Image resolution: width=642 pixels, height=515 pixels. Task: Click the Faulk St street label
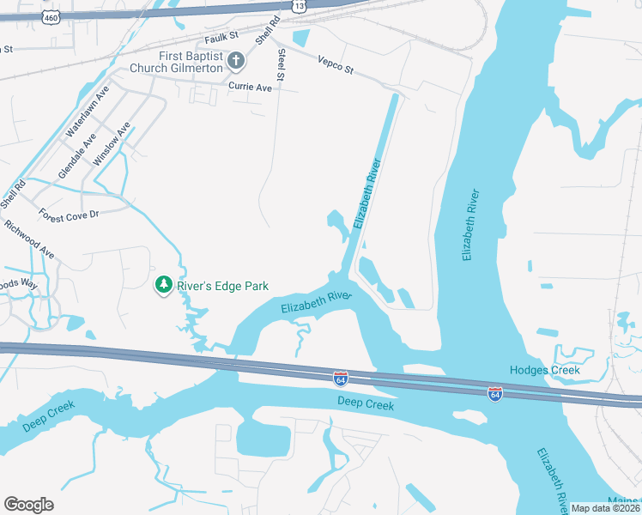(221, 39)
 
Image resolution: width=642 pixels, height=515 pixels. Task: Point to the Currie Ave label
(250, 87)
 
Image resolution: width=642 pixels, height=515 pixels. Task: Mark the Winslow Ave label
(112, 143)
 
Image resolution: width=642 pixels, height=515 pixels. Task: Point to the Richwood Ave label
(29, 240)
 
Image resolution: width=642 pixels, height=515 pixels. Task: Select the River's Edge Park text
(223, 286)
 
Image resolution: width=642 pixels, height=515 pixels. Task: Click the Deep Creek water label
(366, 403)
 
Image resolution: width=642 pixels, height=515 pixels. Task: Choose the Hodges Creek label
(545, 370)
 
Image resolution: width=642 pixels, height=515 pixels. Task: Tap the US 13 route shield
(298, 6)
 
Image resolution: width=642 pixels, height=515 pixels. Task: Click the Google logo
(28, 504)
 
